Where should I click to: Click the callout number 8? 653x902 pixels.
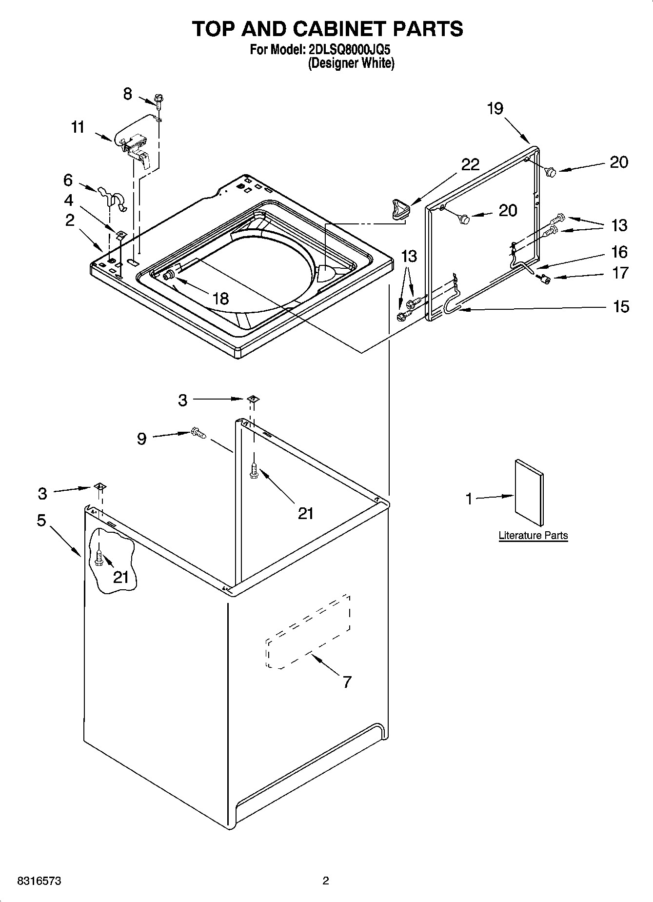127,94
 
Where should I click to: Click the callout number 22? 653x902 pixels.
470,164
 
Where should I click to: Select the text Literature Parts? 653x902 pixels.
533,535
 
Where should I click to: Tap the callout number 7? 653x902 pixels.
347,682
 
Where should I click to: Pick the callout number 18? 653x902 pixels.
221,299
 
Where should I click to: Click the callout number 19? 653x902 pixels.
495,108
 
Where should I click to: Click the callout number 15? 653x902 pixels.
620,306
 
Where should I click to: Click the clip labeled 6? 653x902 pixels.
113,197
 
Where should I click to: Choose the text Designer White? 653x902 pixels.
351,63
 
